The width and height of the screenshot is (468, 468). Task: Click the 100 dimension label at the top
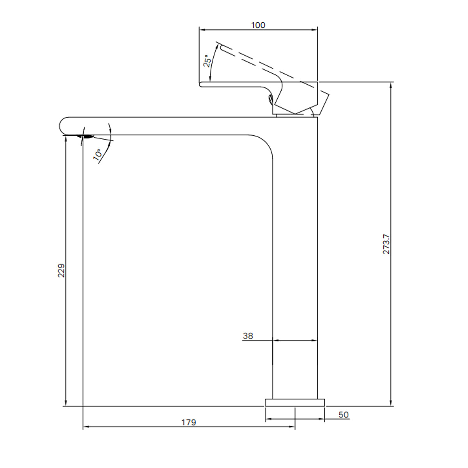pos(258,25)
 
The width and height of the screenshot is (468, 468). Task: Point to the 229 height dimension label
pos(61,270)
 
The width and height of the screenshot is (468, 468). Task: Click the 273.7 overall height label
pos(386,245)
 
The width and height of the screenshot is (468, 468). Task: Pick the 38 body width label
pos(248,336)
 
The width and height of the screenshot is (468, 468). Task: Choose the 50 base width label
pos(343,415)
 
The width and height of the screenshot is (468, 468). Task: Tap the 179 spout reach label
pos(189,422)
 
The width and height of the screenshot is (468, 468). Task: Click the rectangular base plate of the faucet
pos(295,402)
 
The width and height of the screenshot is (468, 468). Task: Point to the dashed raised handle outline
pos(265,64)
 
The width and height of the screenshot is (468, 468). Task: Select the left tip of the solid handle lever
pos(200,84)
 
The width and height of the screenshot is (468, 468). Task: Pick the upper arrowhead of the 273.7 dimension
pos(391,85)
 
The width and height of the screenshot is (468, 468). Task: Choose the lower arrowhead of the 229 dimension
pos(66,403)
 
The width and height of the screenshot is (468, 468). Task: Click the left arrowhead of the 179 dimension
pos(86,427)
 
